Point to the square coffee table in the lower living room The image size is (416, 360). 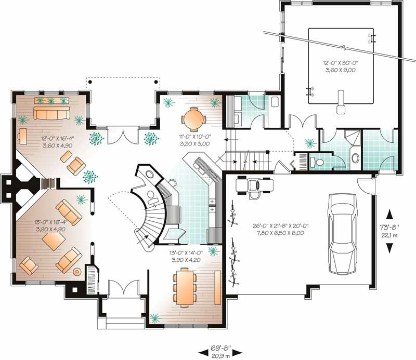[x=54, y=239]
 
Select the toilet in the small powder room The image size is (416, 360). [x=319, y=162]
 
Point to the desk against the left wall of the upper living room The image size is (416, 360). [x=23, y=137]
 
